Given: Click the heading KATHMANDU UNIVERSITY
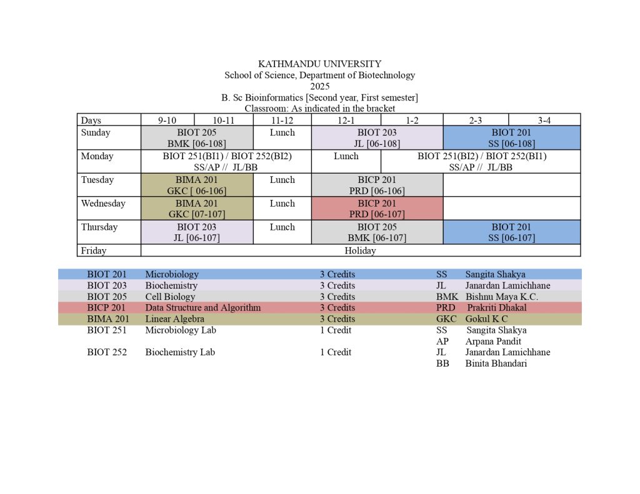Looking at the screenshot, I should click(x=319, y=64).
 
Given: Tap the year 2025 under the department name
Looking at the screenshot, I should click(x=319, y=86).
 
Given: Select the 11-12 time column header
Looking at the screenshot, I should click(x=282, y=120).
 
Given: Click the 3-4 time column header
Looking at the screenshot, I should click(x=544, y=120).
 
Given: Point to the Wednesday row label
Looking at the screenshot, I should click(x=103, y=204).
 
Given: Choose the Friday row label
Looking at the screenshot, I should click(x=94, y=250).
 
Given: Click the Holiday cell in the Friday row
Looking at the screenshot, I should click(x=360, y=250).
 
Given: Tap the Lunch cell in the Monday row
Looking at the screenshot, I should click(x=346, y=156).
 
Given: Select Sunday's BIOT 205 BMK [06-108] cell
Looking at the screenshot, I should click(x=197, y=138).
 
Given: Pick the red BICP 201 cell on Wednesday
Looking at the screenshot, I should click(x=377, y=209).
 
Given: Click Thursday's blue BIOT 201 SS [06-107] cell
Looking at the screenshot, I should click(x=511, y=232).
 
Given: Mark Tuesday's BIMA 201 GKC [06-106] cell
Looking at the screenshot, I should click(x=197, y=185).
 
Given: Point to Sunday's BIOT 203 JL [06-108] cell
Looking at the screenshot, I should click(x=377, y=138).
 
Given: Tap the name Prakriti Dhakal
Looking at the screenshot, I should click(x=497, y=308).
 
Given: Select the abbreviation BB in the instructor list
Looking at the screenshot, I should click(x=442, y=363).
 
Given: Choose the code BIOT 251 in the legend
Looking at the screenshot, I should click(x=107, y=330).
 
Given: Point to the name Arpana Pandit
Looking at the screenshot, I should click(x=494, y=342).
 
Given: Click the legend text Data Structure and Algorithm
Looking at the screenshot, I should click(x=203, y=308).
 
